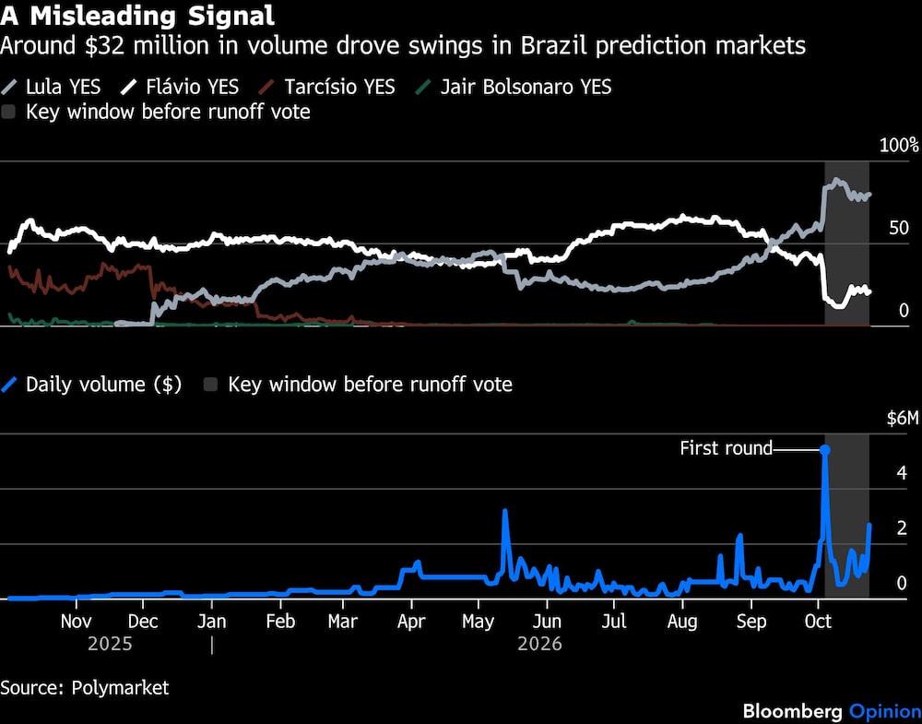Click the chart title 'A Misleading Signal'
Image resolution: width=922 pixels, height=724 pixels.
pyautogui.click(x=137, y=16)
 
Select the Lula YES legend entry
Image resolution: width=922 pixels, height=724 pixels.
pyautogui.click(x=51, y=87)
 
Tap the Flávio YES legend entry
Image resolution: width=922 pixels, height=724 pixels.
pyautogui.click(x=180, y=87)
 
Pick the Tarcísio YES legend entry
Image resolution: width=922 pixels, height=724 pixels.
pyautogui.click(x=327, y=87)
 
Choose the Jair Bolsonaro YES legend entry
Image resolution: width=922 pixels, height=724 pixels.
pyautogui.click(x=514, y=87)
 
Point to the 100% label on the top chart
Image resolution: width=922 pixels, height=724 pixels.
pyautogui.click(x=898, y=146)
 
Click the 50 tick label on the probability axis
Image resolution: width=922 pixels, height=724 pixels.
pyautogui.click(x=899, y=228)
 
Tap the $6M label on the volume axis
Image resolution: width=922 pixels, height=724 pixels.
pyautogui.click(x=902, y=419)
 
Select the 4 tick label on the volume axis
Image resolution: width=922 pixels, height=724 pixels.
pyautogui.click(x=902, y=473)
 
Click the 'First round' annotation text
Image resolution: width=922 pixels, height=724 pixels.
pyautogui.click(x=726, y=448)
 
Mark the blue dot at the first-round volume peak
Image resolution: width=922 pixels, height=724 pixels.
pyautogui.click(x=825, y=450)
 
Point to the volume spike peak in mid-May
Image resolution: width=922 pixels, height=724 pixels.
pyautogui.click(x=504, y=511)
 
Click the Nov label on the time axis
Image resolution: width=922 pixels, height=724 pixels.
pyautogui.click(x=76, y=622)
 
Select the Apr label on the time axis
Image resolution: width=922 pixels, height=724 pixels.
pyautogui.click(x=411, y=622)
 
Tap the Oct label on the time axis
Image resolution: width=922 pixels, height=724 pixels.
pyautogui.click(x=818, y=622)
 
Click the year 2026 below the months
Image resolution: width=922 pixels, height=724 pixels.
pyautogui.click(x=539, y=644)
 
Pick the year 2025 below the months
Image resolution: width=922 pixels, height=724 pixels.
pyautogui.click(x=110, y=644)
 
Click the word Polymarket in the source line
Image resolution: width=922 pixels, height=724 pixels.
pyautogui.click(x=120, y=687)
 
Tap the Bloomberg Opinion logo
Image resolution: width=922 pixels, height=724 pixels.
pyautogui.click(x=832, y=711)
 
